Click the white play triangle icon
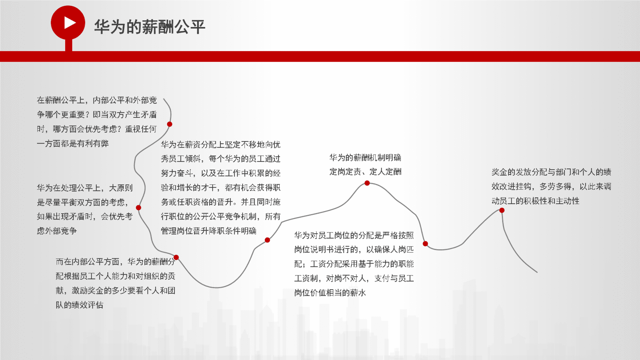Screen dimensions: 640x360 (x=70, y=23)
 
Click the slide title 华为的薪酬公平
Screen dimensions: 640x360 (x=149, y=27)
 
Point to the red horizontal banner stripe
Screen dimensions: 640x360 (x=320, y=56)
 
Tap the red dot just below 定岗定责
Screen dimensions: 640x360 (x=367, y=183)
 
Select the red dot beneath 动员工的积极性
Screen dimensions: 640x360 (x=502, y=210)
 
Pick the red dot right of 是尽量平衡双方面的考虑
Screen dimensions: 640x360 (x=138, y=208)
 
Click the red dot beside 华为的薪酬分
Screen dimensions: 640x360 (x=176, y=257)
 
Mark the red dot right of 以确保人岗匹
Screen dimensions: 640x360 (x=425, y=244)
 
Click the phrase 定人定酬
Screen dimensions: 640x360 (x=385, y=172)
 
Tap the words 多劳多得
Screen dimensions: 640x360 (x=555, y=187)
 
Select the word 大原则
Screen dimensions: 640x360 (x=121, y=188)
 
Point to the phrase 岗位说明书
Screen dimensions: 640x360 (x=314, y=250)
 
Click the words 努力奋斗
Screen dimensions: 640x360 (x=177, y=173)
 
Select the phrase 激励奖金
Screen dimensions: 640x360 (x=88, y=291)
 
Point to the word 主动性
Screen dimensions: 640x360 (x=567, y=201)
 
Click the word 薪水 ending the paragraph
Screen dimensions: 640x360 (x=358, y=293)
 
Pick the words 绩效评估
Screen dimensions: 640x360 (x=87, y=305)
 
